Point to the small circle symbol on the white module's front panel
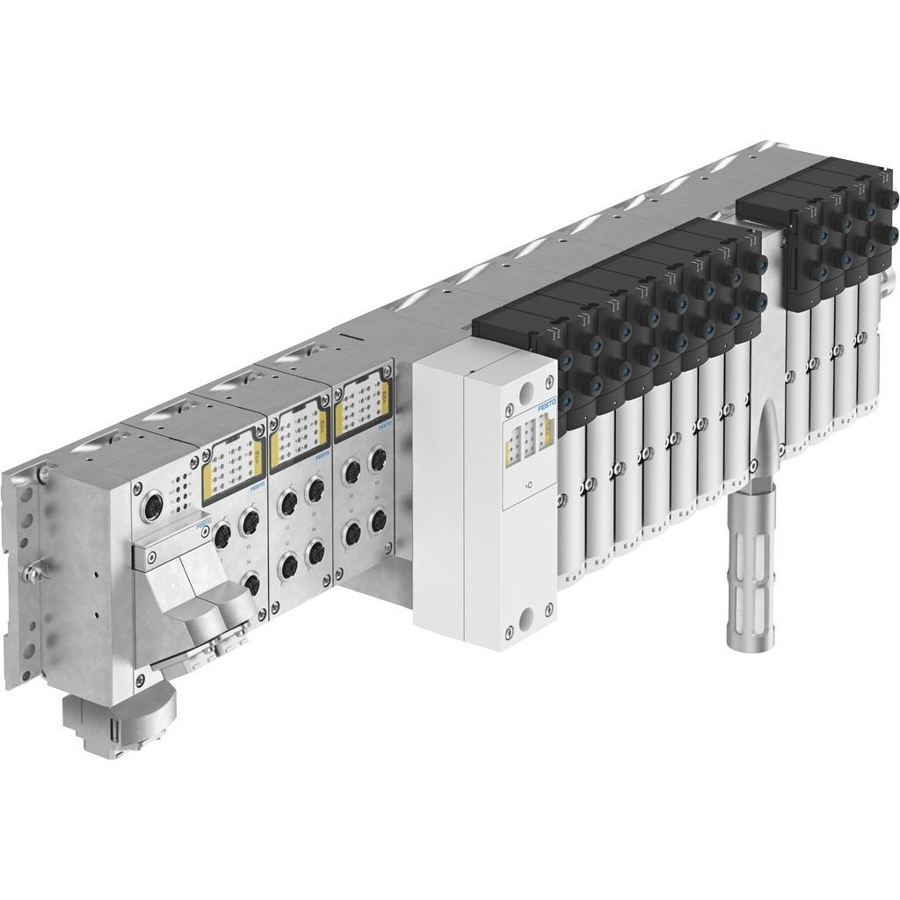[x=526, y=485]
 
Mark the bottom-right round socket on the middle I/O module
[x=316, y=557]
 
